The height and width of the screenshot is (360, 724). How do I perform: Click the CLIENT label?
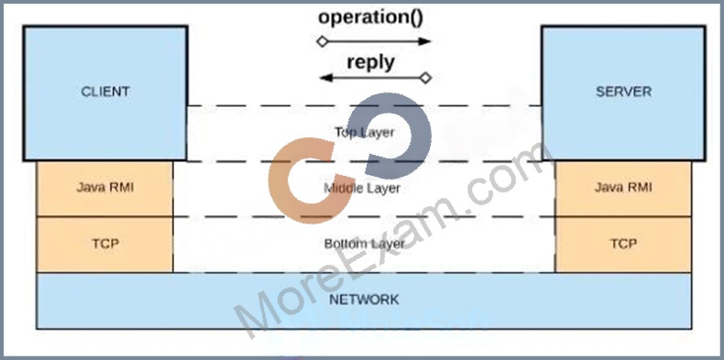pos(105,92)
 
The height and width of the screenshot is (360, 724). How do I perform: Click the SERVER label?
pos(623,92)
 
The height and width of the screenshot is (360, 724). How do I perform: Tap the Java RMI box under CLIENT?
pos(104,189)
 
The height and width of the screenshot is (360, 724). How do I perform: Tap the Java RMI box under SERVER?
pos(623,189)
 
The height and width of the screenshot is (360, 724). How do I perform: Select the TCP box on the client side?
pos(104,245)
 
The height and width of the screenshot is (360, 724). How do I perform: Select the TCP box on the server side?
pos(623,245)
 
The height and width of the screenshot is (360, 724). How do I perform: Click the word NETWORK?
pos(364,300)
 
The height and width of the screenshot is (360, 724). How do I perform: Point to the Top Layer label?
pos(365,133)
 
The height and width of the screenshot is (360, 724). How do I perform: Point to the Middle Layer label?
pos(362,189)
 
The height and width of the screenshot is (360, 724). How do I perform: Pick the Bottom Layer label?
pos(365,244)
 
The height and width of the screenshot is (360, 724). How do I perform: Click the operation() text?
pos(371,17)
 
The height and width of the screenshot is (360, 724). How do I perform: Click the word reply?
pos(371,62)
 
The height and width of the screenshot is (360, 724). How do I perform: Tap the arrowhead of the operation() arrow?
pos(424,41)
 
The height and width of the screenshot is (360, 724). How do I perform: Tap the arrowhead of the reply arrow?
pos(325,78)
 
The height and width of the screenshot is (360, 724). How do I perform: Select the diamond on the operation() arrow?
pos(323,41)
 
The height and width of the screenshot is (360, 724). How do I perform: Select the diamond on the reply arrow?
pos(425,78)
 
